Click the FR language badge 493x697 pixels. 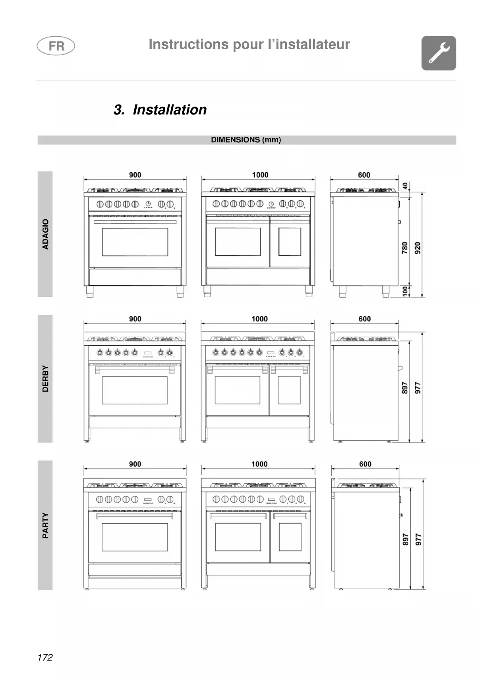[x=56, y=46]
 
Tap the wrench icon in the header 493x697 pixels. [x=439, y=53]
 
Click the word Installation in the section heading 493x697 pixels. [x=170, y=110]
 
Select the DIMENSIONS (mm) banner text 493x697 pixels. [x=246, y=140]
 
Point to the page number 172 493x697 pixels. [x=45, y=657]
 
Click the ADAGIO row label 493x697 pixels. [x=45, y=234]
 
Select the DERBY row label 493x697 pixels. [x=45, y=379]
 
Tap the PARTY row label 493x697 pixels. [x=45, y=525]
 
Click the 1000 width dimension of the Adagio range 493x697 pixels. [x=260, y=175]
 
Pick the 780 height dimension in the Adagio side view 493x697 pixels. [x=405, y=248]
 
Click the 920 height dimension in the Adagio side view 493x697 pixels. [x=418, y=248]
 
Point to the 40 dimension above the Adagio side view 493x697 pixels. [x=405, y=186]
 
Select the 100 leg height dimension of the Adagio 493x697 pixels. [x=405, y=291]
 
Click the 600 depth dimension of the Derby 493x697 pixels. [x=364, y=319]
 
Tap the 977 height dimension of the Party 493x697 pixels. [x=418, y=539]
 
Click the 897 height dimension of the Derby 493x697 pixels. [x=405, y=388]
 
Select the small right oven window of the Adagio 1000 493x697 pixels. [x=290, y=242]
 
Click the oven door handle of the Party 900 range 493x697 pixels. [x=135, y=516]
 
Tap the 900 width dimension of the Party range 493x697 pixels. [x=135, y=464]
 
